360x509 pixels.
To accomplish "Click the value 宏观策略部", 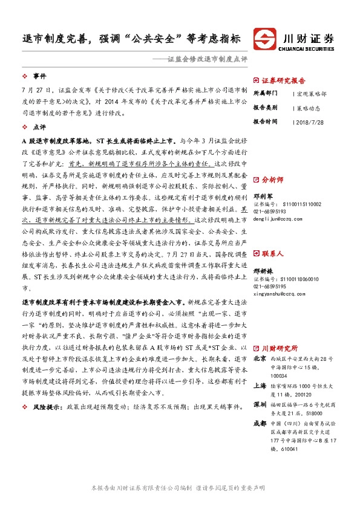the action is [x=312, y=94].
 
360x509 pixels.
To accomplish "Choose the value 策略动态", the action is [x=309, y=108].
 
